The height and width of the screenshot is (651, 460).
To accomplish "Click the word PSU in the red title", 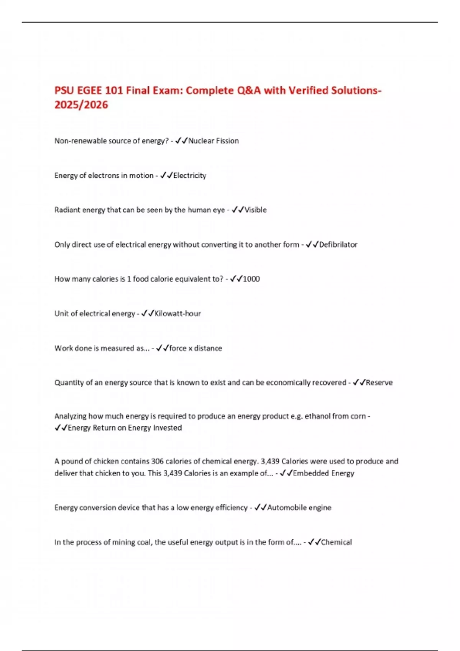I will (x=64, y=90).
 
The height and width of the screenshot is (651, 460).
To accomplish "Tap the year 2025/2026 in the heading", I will (x=81, y=105).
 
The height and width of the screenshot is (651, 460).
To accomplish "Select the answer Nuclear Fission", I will (x=214, y=141).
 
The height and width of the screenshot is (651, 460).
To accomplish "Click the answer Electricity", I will (x=189, y=175).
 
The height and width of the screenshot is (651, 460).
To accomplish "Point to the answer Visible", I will (x=255, y=210).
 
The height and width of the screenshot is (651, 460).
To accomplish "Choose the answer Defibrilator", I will (x=338, y=244).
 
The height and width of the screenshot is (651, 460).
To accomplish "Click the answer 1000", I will (x=251, y=279).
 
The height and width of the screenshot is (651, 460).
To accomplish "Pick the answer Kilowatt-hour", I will (x=177, y=314).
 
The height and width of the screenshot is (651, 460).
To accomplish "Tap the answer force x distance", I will (x=195, y=348).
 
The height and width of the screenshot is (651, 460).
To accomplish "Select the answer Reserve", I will (x=379, y=383).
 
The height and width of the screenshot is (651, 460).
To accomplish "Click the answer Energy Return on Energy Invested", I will (x=125, y=428).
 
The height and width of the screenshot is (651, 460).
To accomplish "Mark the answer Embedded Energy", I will (x=324, y=473).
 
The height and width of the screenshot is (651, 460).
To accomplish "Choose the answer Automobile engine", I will (x=299, y=507).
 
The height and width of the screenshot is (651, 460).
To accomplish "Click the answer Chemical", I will (x=336, y=542).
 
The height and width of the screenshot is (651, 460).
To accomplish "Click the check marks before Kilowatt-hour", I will (x=148, y=314).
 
